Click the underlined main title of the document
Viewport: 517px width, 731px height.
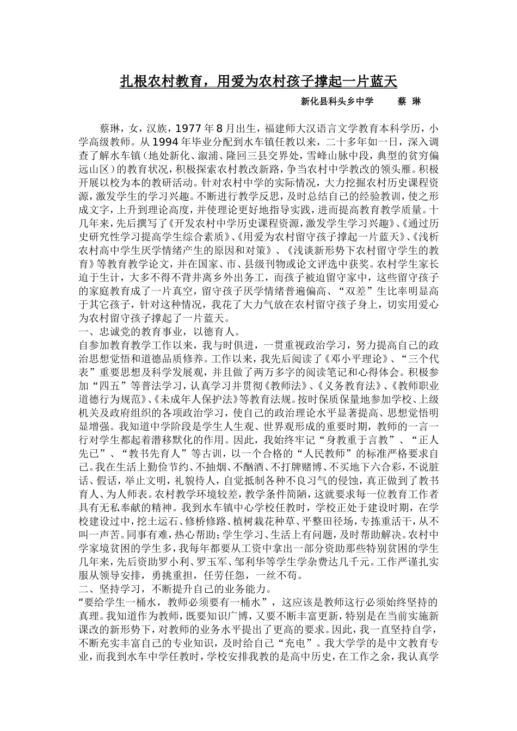coord(258,82)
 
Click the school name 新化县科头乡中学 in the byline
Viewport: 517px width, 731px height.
coord(337,102)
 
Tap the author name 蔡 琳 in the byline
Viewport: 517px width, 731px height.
coord(409,102)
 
